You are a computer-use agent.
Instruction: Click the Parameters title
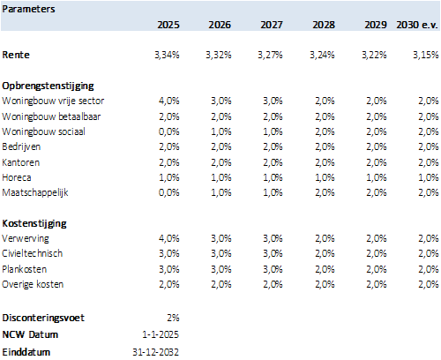[28, 9]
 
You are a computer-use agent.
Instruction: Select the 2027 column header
[272, 25]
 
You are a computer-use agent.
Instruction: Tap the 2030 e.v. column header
[417, 25]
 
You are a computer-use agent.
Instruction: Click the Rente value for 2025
[167, 55]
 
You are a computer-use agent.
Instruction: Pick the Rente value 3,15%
[426, 55]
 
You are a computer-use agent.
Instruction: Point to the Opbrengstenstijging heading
[48, 86]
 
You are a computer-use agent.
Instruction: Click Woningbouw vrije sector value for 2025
[169, 101]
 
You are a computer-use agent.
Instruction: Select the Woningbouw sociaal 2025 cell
[169, 131]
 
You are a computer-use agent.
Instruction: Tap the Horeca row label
[17, 177]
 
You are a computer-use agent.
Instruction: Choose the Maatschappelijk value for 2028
[325, 192]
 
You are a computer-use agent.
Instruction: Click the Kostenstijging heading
[34, 223]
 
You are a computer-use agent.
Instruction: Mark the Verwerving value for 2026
[220, 238]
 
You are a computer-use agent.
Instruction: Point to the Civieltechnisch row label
[33, 253]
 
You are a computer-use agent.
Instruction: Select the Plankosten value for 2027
[273, 269]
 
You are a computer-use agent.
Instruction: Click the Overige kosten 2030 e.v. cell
[429, 284]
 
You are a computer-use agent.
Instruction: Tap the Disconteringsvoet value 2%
[173, 318]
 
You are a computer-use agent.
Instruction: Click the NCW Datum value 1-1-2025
[161, 334]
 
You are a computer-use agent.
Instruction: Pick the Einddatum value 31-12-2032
[155, 352]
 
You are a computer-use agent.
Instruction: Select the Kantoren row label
[21, 162]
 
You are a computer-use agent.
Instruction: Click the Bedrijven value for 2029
[377, 146]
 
